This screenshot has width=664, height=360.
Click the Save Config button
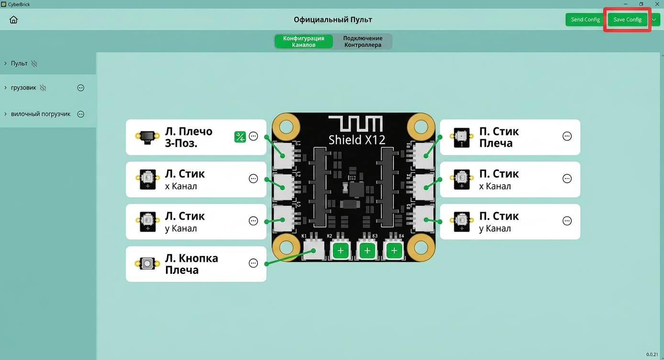tap(627, 20)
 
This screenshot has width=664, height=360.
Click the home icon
tap(13, 20)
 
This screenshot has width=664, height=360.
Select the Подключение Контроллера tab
tap(363, 42)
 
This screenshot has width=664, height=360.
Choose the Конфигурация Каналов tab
tap(304, 42)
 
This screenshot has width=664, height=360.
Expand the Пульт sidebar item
tap(19, 64)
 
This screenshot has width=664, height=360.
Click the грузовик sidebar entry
tap(23, 88)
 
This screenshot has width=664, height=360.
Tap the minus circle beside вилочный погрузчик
tap(81, 114)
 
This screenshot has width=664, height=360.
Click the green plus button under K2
tap(340, 250)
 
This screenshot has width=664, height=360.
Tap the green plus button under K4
tap(394, 250)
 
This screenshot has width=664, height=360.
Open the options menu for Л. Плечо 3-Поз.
tap(253, 136)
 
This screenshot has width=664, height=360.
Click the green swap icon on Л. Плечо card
tap(240, 137)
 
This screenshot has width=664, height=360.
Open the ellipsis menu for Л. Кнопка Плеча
tap(253, 263)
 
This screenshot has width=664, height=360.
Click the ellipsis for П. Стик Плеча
tap(567, 136)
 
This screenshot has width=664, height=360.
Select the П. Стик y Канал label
tap(499, 222)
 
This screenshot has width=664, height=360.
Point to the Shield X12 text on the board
tap(356, 140)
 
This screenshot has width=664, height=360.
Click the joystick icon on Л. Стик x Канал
tap(148, 179)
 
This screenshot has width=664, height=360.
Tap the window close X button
tap(657, 4)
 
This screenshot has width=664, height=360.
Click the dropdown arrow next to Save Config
tap(653, 20)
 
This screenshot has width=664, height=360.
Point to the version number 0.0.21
tap(652, 354)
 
